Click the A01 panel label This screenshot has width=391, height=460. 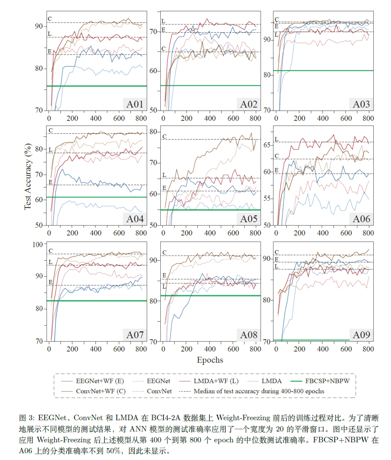(x=135, y=104)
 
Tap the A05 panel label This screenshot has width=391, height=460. (x=249, y=219)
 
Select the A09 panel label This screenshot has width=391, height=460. (x=361, y=335)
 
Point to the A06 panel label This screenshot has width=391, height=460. (x=361, y=219)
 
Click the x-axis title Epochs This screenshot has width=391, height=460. (x=210, y=360)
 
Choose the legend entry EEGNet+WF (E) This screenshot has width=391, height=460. (x=100, y=381)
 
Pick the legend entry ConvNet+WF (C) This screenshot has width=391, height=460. (x=101, y=391)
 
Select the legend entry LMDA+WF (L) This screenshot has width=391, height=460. (x=216, y=381)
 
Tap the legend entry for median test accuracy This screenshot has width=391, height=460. (x=259, y=391)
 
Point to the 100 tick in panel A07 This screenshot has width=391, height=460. (x=38, y=244)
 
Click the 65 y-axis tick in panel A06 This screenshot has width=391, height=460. (x=267, y=145)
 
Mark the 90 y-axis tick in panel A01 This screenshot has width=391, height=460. (x=39, y=26)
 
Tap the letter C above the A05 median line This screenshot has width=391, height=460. (x=164, y=137)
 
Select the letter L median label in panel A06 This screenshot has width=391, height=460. (x=276, y=139)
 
